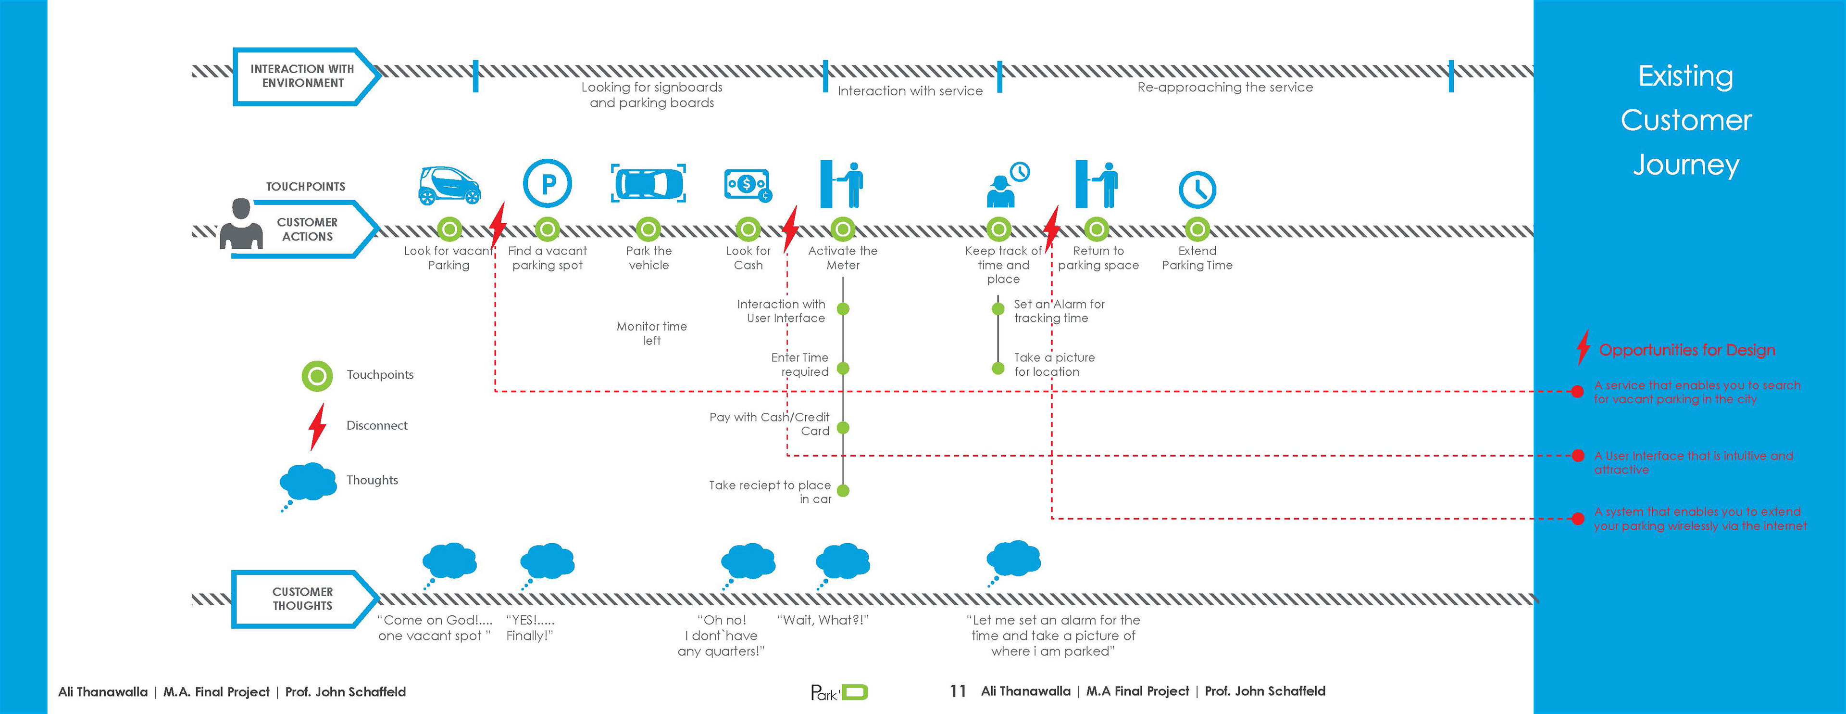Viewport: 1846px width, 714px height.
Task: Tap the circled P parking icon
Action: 548,183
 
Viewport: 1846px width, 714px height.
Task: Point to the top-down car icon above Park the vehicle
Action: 649,183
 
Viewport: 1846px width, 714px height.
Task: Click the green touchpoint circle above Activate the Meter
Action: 843,229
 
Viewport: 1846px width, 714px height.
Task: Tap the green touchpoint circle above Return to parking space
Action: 1097,229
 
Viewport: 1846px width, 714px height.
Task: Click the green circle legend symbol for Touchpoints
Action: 317,376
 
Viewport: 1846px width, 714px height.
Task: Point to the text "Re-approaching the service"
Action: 1225,88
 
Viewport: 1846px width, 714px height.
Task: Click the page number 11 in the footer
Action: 958,691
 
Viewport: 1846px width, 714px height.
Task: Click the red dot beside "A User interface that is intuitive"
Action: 1577,456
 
